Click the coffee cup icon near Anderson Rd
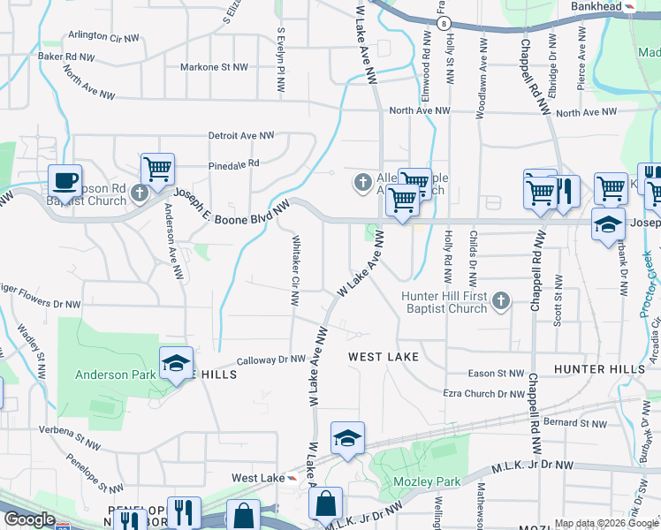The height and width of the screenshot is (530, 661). click(x=65, y=180)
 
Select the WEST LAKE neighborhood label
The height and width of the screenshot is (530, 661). click(x=383, y=357)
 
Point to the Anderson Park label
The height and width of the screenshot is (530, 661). click(x=114, y=375)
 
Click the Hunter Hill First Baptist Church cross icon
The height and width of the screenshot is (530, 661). click(x=500, y=301)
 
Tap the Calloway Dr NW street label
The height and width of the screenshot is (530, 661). click(x=271, y=360)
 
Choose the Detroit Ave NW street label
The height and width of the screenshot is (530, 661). click(x=241, y=136)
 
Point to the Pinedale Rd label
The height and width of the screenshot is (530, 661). click(x=234, y=163)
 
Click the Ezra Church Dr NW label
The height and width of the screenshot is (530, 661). click(x=483, y=394)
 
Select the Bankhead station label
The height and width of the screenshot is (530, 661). click(x=596, y=6)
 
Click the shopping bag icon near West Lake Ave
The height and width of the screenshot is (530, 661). click(x=326, y=504)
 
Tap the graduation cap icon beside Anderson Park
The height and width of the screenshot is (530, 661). click(x=176, y=363)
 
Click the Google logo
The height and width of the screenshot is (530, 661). click(x=29, y=519)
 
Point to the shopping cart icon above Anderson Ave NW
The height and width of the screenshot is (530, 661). click(x=157, y=169)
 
